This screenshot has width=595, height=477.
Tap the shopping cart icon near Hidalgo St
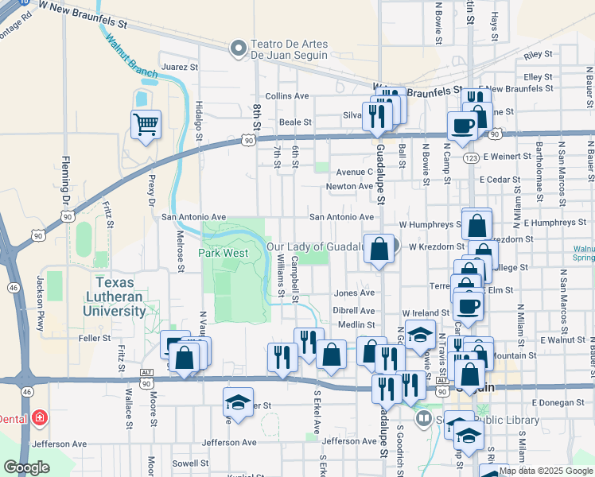(x=146, y=124)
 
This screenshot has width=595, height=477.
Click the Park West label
(x=224, y=253)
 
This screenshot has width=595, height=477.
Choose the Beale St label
(x=294, y=122)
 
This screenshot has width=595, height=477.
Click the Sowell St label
(x=191, y=462)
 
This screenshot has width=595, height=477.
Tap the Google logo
(x=26, y=467)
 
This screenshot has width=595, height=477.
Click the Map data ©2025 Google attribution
(x=546, y=471)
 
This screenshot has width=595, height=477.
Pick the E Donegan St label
(x=558, y=403)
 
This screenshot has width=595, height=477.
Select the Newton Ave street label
(x=349, y=187)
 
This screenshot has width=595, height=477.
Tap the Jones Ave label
(x=354, y=293)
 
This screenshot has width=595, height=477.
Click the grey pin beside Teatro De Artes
(x=237, y=49)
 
